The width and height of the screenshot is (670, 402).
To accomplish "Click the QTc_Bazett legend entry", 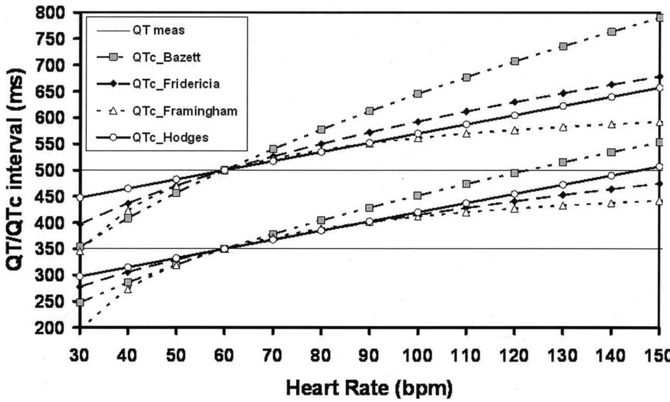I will (x=166, y=57).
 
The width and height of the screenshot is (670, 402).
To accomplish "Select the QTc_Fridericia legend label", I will (x=176, y=84).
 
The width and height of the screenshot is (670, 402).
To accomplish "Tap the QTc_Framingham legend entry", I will (x=185, y=111).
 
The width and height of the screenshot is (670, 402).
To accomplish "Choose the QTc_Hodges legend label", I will (x=170, y=137).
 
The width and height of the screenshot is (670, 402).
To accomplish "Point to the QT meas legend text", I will (x=159, y=30).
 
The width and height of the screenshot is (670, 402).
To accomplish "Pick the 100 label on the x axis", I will (x=417, y=355).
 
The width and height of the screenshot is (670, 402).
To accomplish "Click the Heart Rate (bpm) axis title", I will (x=369, y=388).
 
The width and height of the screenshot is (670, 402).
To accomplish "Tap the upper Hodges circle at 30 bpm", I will (x=80, y=197).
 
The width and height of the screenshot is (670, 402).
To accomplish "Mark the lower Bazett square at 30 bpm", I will (x=80, y=302).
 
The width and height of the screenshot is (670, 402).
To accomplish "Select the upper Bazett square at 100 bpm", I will (x=417, y=94).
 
